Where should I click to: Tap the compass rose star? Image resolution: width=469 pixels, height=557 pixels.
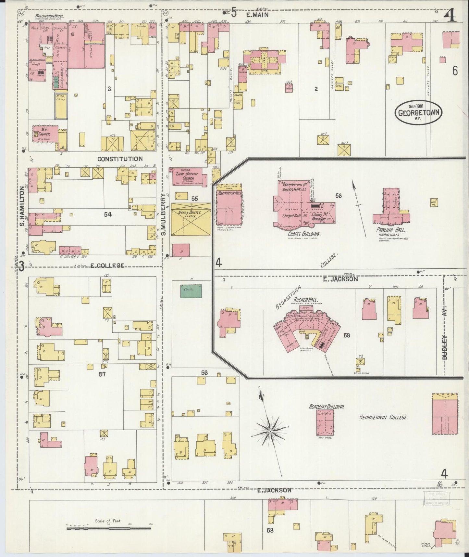[270, 431]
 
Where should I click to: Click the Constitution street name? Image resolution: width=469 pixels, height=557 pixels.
[120, 159]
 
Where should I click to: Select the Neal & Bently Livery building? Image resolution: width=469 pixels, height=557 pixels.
[191, 219]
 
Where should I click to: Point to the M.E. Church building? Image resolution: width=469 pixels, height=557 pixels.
[45, 134]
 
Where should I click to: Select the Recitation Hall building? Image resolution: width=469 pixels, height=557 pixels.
[229, 208]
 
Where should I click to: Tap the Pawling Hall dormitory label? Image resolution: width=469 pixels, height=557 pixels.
[388, 230]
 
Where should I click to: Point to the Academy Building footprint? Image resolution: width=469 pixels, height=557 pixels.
[325, 422]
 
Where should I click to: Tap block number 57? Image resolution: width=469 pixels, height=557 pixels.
[103, 374]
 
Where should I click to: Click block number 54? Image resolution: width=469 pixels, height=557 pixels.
[108, 214]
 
